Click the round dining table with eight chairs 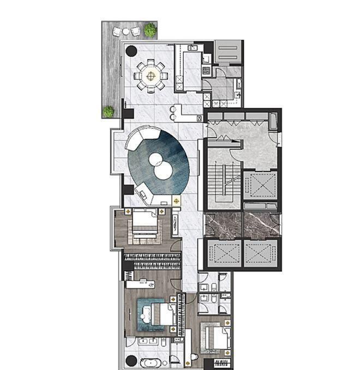coord(151,76)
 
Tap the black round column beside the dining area coord(131,52)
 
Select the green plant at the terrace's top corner coord(150,29)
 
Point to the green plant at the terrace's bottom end coord(109,111)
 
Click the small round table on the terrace coord(126,32)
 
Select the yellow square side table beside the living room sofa coord(176,202)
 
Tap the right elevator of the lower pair coord(261,254)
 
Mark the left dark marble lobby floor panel coord(223,225)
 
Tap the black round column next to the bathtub coord(131,361)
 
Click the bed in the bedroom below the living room coord(144,224)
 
